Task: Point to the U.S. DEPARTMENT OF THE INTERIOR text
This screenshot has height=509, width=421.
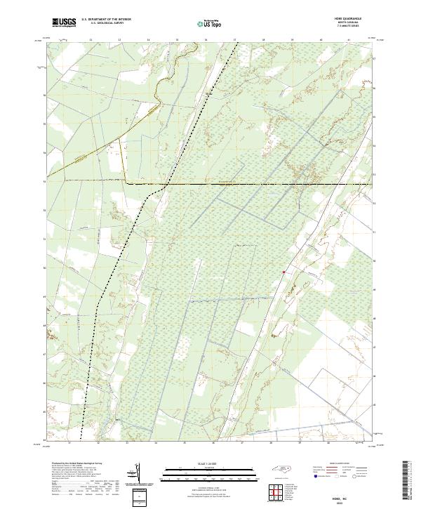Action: click(106, 20)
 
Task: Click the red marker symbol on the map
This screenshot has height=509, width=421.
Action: click(283, 272)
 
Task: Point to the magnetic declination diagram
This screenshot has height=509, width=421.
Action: click(137, 472)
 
